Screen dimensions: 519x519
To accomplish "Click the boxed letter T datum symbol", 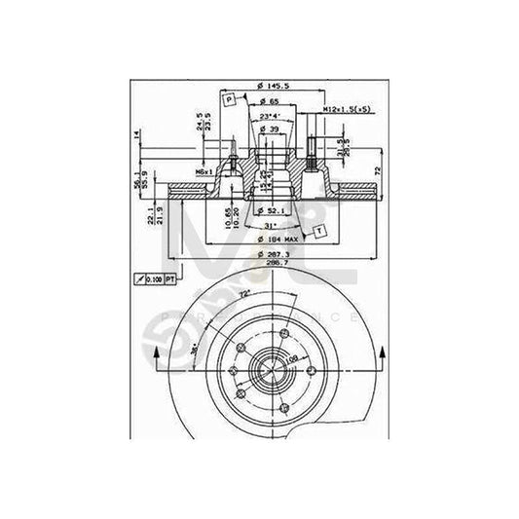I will click(317, 230).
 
